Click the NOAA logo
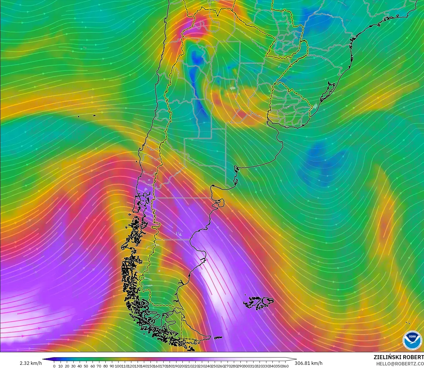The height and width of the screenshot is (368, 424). [412, 340]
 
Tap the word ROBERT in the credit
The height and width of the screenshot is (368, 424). [413, 357]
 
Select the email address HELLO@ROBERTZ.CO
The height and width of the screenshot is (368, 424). [400, 364]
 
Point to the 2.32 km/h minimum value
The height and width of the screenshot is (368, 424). [31, 363]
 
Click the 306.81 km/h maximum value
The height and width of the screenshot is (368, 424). [308, 363]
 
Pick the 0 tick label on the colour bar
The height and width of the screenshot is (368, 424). [54, 366]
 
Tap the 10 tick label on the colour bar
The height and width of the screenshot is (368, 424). [61, 366]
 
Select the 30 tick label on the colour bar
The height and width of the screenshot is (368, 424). [73, 366]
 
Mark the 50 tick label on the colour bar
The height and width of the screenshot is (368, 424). [86, 366]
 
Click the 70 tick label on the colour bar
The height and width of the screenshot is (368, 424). [99, 366]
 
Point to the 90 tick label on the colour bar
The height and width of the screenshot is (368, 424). [112, 366]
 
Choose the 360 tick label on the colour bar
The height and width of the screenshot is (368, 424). [286, 366]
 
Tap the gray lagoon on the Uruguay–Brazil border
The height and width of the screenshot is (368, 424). [315, 106]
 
